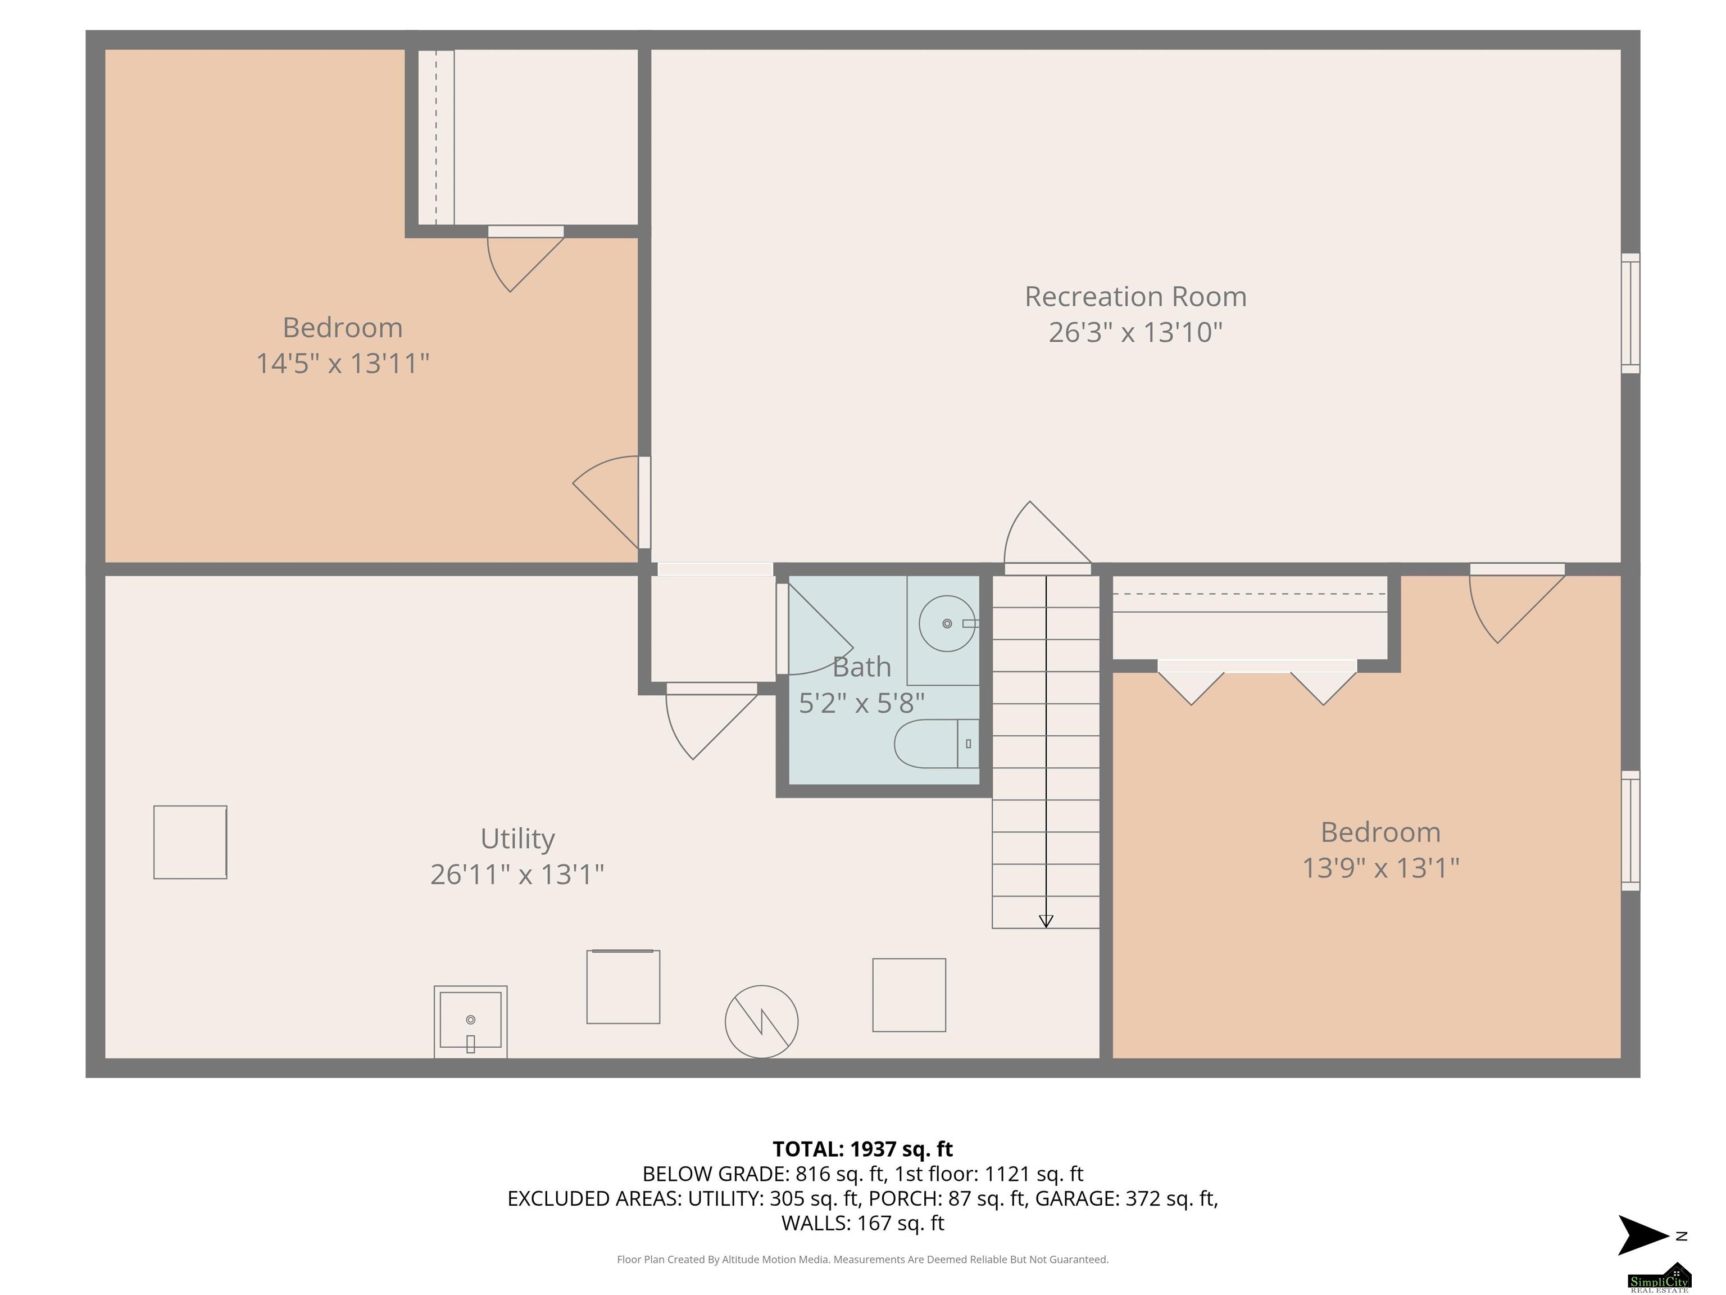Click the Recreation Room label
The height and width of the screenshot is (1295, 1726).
coord(1135,297)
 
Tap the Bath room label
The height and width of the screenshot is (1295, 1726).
coord(861,667)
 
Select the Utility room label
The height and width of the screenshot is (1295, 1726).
coord(517,839)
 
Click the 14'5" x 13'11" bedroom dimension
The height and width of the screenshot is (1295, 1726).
coord(343,363)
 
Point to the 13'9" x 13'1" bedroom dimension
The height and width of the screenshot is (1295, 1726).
coord(1380,867)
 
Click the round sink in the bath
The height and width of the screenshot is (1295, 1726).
coord(947,623)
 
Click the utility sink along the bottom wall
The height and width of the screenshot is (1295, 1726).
coord(470,1022)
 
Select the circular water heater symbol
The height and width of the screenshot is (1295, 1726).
coord(761,1022)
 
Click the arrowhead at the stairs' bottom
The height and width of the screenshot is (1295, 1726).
coord(1046,921)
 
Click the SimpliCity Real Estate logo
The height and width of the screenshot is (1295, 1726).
coord(1659,1277)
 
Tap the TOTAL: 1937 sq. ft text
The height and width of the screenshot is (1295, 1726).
coord(862,1149)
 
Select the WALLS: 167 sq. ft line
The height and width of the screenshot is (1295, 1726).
coord(862,1223)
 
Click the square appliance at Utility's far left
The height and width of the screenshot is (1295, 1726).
coord(190,843)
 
